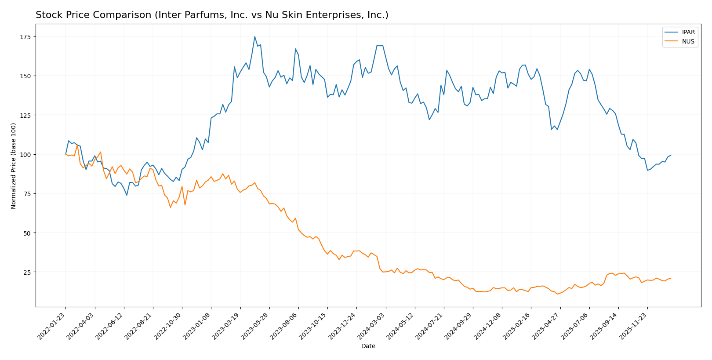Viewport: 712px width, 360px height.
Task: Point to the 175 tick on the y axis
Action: [27, 36]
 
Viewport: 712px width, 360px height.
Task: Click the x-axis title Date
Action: [368, 346]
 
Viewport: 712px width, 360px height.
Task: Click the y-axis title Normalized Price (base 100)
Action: [14, 166]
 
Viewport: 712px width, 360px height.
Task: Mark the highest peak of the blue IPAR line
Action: [254, 36]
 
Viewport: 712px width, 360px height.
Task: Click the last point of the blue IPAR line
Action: [671, 155]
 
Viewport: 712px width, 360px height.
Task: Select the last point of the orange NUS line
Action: [671, 278]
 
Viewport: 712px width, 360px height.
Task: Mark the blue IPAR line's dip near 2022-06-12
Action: [127, 195]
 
